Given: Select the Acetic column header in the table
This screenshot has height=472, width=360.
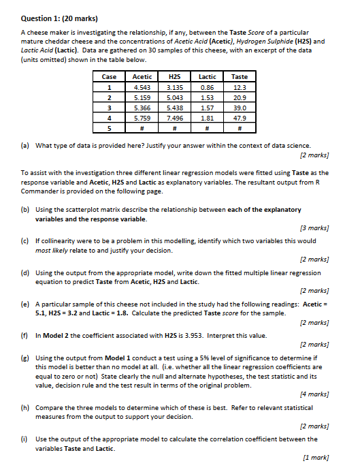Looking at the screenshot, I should point(143,78).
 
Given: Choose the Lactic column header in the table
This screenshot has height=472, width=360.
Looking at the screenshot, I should point(207,78).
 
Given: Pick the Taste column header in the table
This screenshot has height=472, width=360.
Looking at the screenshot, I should point(239,78).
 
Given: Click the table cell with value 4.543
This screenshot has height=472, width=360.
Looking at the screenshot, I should point(143,88).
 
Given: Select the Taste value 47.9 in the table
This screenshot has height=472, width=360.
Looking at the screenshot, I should point(239,117).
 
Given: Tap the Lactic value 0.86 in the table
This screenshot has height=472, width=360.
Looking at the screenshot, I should point(207,88).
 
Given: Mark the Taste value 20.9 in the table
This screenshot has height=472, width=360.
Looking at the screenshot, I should point(239,97).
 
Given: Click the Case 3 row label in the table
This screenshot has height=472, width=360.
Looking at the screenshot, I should point(109,108).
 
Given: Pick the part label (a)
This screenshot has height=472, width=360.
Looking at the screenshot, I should point(25,146).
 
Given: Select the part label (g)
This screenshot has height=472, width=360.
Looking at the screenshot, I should point(25,357).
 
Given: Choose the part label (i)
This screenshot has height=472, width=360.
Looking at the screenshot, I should point(25,439).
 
